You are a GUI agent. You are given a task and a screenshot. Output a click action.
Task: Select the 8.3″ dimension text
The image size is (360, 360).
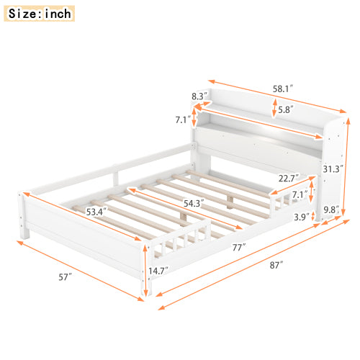[x=199, y=95]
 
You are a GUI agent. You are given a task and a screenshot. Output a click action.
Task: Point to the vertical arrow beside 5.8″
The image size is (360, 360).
[x=274, y=109]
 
